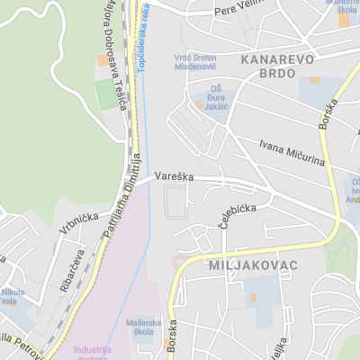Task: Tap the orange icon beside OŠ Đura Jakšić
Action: coord(199,105)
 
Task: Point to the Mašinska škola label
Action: coord(145,328)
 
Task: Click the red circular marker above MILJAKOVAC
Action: coord(178,261)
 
